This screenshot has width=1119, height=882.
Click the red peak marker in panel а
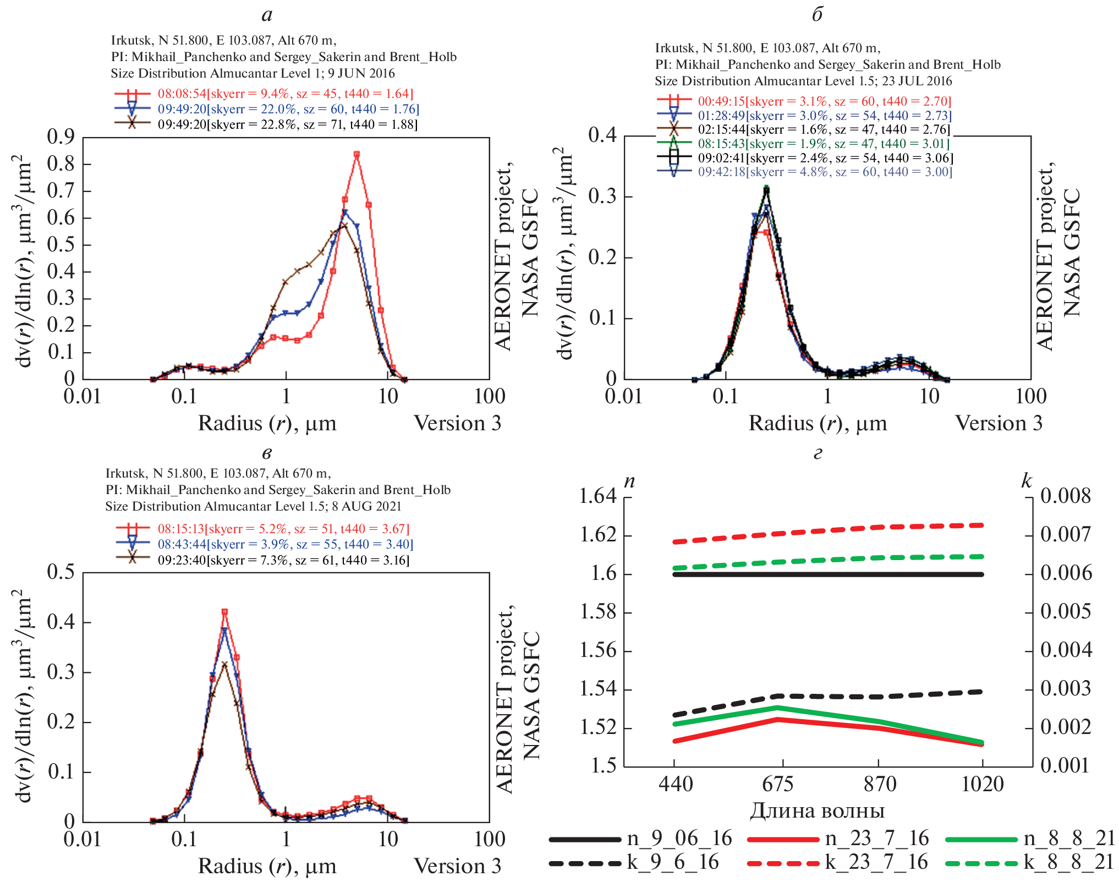pyautogui.click(x=356, y=155)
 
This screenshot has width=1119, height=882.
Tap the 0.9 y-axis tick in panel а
pyautogui.click(x=61, y=137)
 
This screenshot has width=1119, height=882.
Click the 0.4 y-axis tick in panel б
pyautogui.click(x=602, y=135)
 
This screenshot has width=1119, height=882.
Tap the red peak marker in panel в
pyautogui.click(x=224, y=612)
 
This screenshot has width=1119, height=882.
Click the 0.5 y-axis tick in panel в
pyautogui.click(x=61, y=572)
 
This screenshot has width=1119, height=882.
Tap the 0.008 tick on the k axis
pyautogui.click(x=1065, y=496)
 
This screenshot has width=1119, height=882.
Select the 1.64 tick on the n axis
pyautogui.click(x=598, y=496)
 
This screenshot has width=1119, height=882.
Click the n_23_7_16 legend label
pyautogui.click(x=877, y=839)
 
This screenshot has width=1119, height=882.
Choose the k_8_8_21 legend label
pyautogui.click(x=1069, y=862)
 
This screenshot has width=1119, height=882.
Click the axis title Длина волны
pyautogui.click(x=818, y=811)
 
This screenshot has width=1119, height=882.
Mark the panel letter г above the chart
pyautogui.click(x=818, y=453)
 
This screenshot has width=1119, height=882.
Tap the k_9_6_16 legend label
pyautogui.click(x=673, y=862)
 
